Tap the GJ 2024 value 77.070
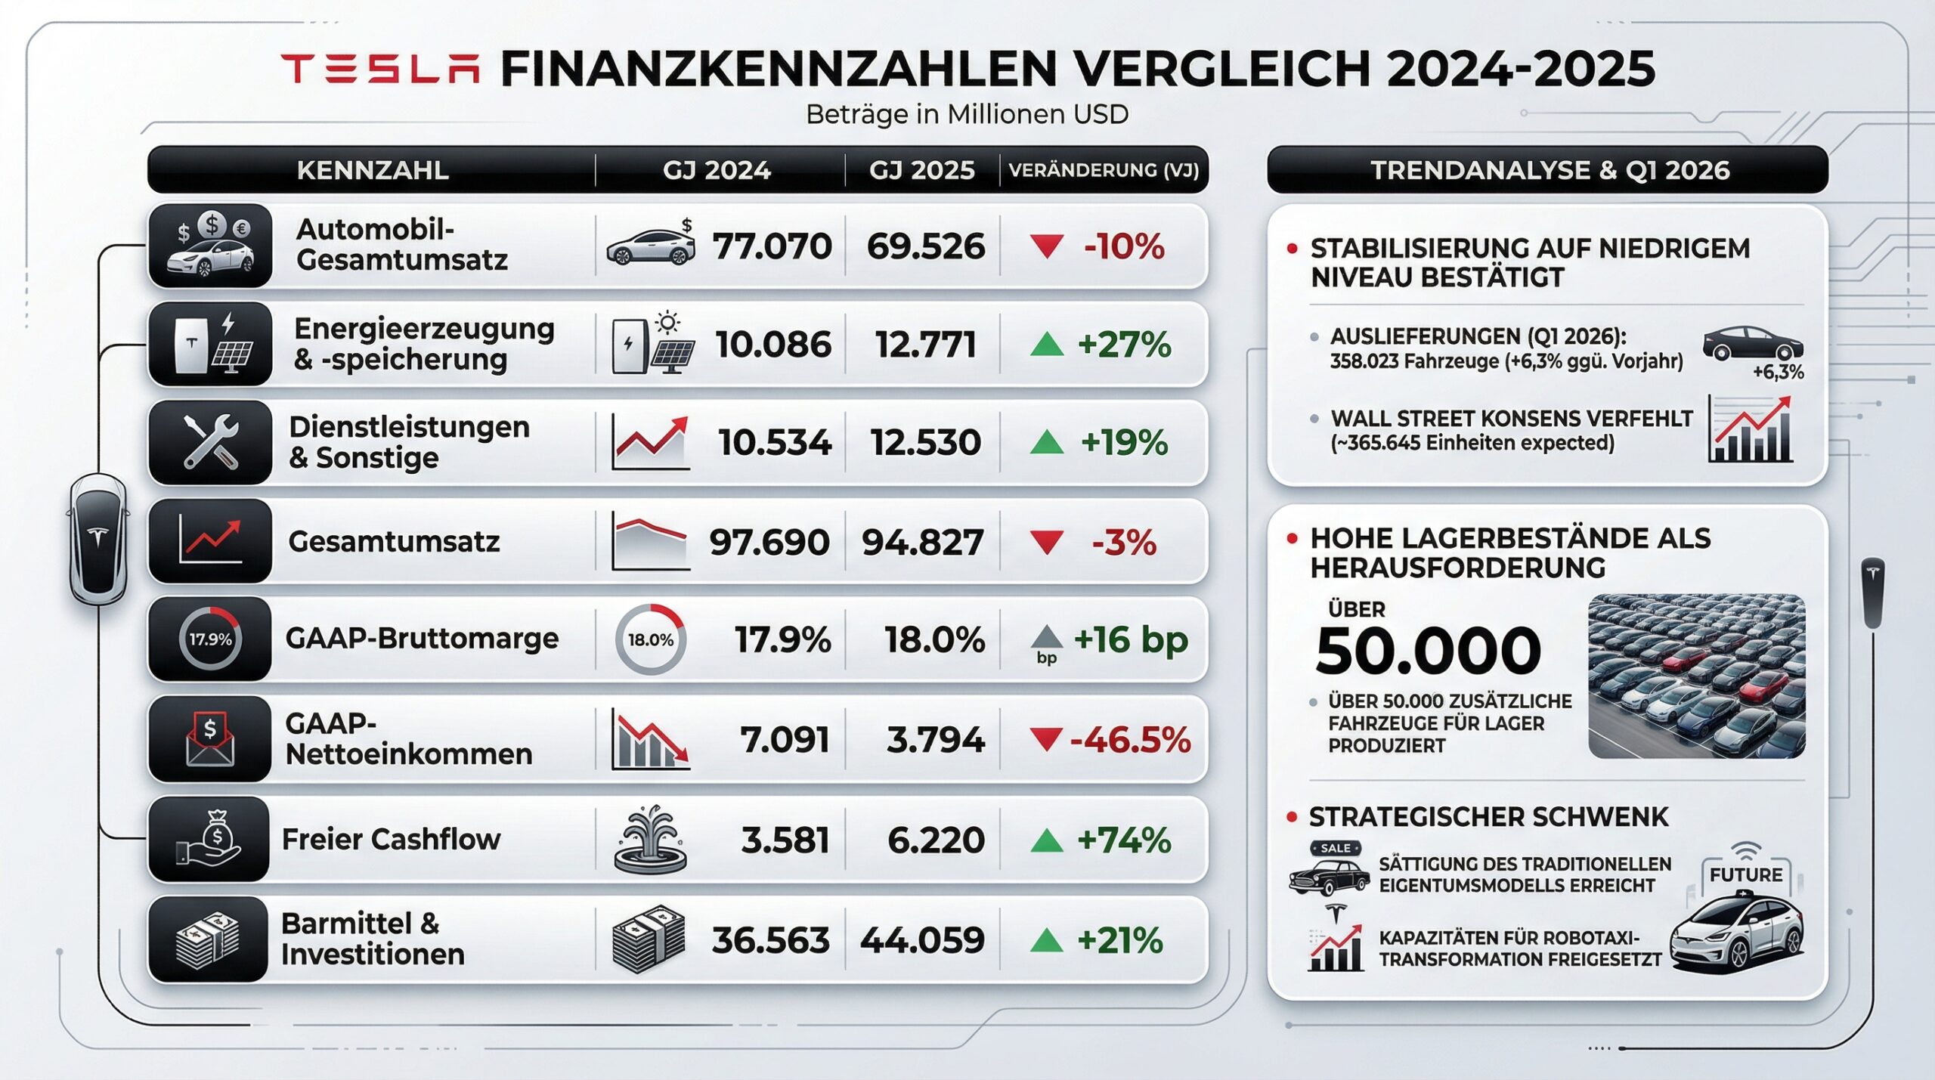(x=772, y=246)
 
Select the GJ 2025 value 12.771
(x=925, y=345)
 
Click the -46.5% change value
(x=1130, y=739)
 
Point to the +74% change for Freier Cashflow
(x=1124, y=840)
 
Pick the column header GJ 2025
(x=921, y=170)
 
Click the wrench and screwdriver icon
(x=211, y=442)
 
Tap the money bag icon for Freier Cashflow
(x=211, y=839)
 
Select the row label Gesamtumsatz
(x=394, y=541)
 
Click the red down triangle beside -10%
(x=1047, y=246)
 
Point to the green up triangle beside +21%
(x=1047, y=941)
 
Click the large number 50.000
(x=1427, y=651)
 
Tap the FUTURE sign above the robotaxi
(x=1745, y=874)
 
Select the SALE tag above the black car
(x=1336, y=849)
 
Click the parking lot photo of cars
(x=1696, y=676)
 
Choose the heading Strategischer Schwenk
(x=1488, y=817)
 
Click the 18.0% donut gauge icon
(x=650, y=639)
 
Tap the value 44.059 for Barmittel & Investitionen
(x=922, y=940)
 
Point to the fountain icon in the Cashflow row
(x=650, y=840)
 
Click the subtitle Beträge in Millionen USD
(x=967, y=114)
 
